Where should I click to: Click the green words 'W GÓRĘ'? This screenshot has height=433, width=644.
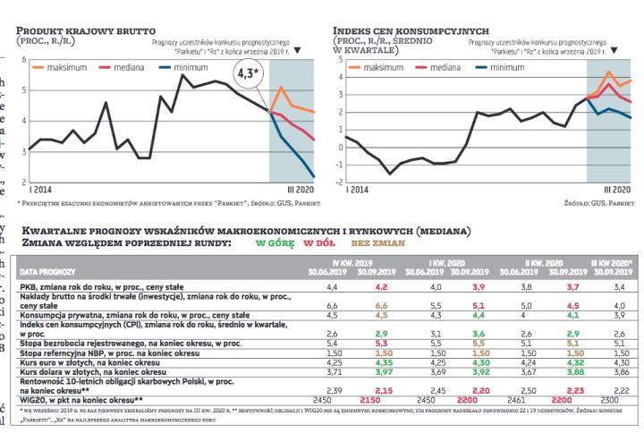click(x=274, y=242)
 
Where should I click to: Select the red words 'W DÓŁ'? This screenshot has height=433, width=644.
click(x=319, y=242)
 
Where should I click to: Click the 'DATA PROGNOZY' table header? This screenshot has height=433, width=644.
click(x=48, y=269)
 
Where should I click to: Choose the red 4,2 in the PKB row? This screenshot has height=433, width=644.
click(x=382, y=287)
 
